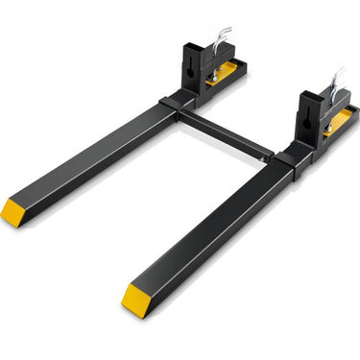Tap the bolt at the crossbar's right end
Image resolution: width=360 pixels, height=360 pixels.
pyautogui.click(x=273, y=154)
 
